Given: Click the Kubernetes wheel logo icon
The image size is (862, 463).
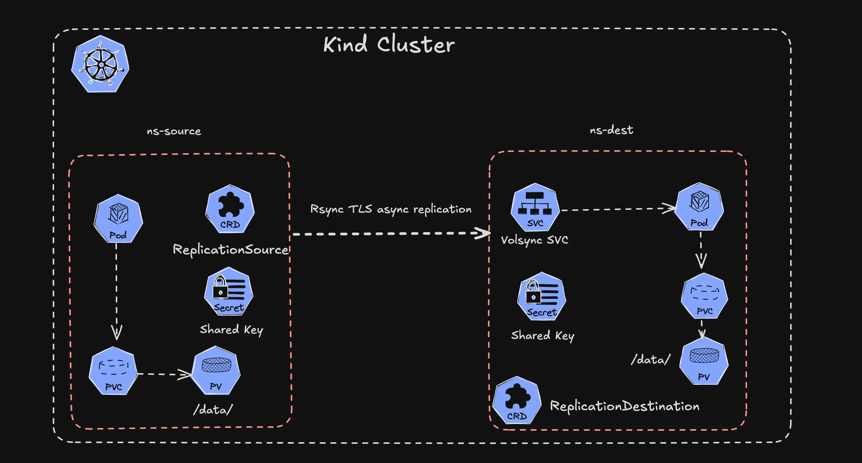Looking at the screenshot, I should click(x=101, y=64).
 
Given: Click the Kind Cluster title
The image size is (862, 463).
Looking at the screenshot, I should click(x=389, y=45).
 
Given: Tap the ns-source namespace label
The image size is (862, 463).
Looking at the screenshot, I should click(x=174, y=131).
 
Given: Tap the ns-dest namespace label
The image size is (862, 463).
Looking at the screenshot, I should click(x=611, y=130).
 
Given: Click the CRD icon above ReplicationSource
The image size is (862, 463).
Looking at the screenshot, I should click(x=230, y=209).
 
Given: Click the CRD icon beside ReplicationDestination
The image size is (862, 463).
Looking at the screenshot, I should click(x=517, y=401).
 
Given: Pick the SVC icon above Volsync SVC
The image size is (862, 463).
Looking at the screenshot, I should click(x=535, y=208).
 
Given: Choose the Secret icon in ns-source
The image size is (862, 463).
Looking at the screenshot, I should click(x=229, y=292).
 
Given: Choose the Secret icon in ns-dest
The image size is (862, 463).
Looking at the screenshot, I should click(x=542, y=297).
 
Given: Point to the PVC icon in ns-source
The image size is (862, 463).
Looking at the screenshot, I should click(x=114, y=371).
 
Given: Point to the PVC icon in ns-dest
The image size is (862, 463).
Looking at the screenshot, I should click(x=704, y=296).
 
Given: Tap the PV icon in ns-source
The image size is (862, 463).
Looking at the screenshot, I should click(x=216, y=371).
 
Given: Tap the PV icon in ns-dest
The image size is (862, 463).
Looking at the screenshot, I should click(x=704, y=361).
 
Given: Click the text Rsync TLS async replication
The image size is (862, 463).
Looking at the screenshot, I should click(x=391, y=209).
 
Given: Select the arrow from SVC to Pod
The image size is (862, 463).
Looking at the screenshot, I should click(x=616, y=209).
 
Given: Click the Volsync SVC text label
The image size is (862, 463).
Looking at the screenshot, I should click(x=534, y=240).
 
